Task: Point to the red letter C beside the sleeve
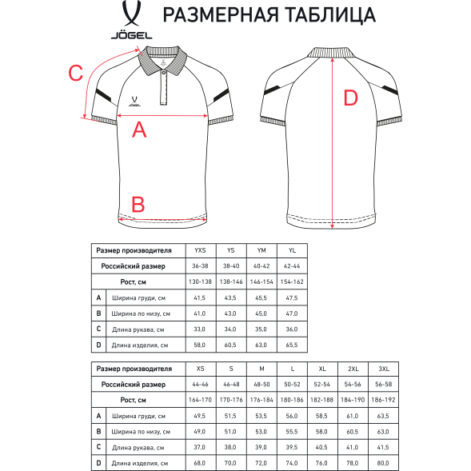[74, 73]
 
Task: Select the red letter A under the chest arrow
[139, 130]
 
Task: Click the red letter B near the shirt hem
[138, 204]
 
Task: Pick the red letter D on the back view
[350, 98]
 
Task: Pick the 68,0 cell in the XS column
[200, 462]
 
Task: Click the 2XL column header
[352, 369]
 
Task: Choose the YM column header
[261, 251]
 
